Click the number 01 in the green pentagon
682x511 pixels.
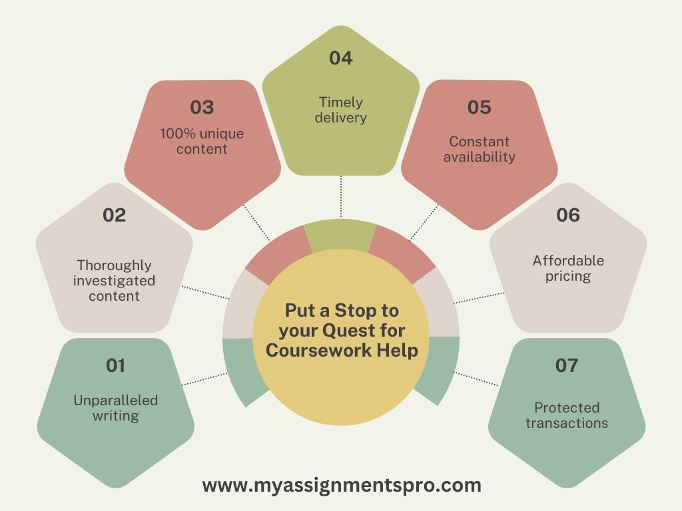click(115, 365)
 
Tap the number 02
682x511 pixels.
click(114, 215)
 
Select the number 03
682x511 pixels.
click(202, 107)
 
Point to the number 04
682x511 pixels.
click(340, 59)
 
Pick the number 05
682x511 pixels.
click(479, 107)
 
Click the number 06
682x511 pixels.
click(567, 215)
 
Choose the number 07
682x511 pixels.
click(567, 365)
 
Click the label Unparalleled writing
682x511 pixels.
click(115, 408)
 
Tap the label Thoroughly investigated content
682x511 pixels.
click(114, 280)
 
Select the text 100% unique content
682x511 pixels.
click(202, 141)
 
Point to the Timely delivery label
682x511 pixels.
click(340, 110)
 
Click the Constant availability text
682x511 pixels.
click(479, 149)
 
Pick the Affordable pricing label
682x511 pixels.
click(568, 267)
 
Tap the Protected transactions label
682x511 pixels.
click(567, 415)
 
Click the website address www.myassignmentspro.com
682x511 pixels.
click(342, 486)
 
